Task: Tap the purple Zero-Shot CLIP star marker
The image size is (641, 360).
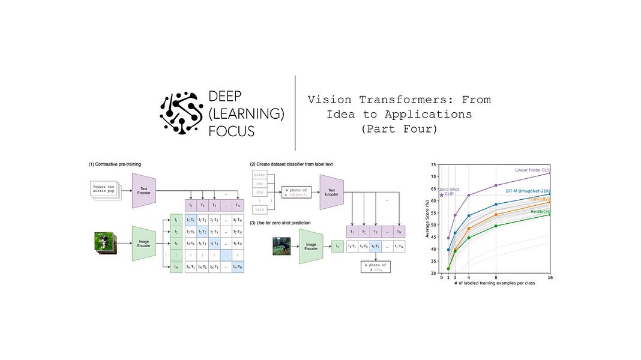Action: (x=442, y=194)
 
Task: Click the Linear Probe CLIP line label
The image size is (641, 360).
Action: (x=532, y=170)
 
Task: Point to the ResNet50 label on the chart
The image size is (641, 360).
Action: (x=540, y=212)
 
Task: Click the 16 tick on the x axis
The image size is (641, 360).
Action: (x=550, y=278)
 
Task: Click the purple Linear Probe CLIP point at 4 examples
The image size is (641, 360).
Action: (x=469, y=195)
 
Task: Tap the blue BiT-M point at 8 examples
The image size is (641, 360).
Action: (x=496, y=205)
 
